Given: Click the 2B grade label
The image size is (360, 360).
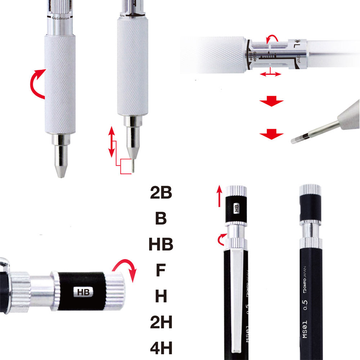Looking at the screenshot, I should (161, 193).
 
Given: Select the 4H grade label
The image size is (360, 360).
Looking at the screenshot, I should (161, 348).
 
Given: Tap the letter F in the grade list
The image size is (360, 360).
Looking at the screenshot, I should (161, 270).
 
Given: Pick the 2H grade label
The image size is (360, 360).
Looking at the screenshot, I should (161, 322).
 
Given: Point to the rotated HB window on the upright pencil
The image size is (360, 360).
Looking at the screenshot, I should (237, 207).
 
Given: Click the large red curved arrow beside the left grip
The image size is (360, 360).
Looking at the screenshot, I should (37, 84).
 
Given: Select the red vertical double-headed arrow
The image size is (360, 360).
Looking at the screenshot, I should (112, 142).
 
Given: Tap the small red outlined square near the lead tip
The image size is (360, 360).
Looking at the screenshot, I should (126, 166).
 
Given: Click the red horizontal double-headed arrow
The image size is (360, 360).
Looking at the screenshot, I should (270, 74).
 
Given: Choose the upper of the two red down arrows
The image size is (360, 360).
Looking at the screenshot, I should (272, 102).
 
